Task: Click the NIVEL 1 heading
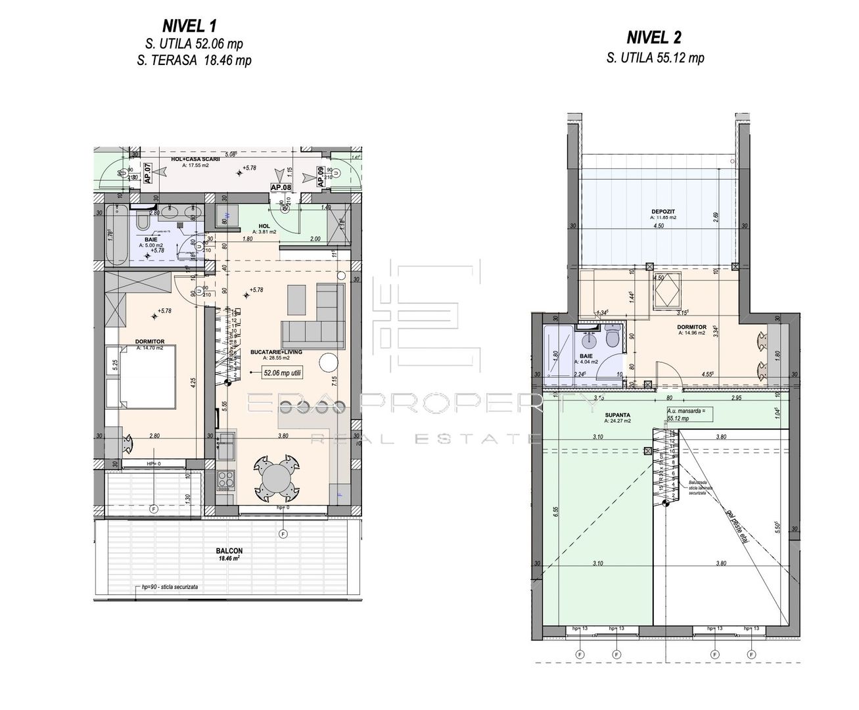point(189,26)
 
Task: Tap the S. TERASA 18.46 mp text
point(198,60)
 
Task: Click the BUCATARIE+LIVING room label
point(276,352)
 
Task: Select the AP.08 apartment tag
point(281,187)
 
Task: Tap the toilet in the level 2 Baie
point(612,339)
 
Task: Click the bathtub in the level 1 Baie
point(118,233)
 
